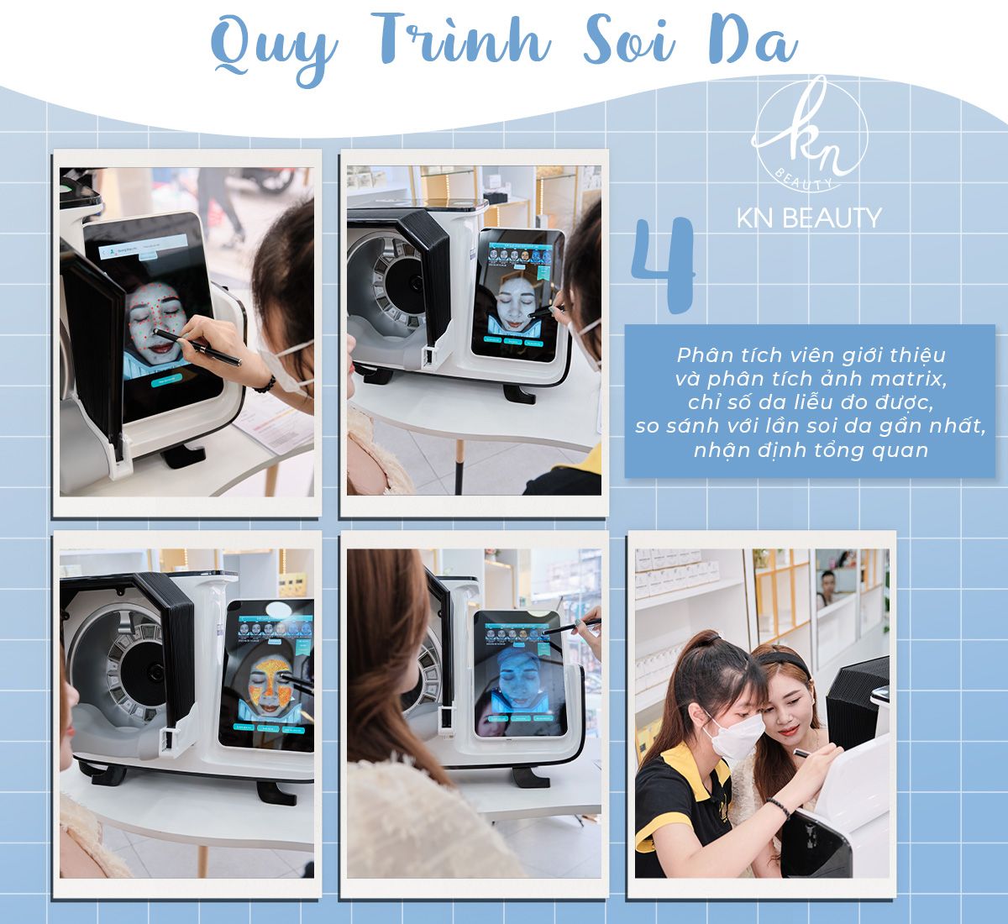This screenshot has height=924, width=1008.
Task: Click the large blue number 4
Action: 663,264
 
